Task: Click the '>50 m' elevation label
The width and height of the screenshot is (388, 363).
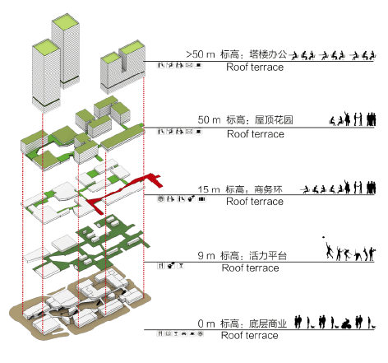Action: click(x=201, y=54)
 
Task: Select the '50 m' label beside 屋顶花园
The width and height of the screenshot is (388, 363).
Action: click(x=210, y=120)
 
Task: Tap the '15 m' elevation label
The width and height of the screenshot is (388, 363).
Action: click(x=209, y=189)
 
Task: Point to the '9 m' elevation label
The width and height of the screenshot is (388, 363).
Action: click(x=206, y=256)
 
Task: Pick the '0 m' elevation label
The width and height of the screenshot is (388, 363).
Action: click(x=206, y=323)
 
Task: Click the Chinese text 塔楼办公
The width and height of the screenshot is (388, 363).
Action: click(x=268, y=54)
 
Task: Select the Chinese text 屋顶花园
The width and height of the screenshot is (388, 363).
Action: click(x=274, y=120)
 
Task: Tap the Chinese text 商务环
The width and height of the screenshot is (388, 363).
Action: click(x=268, y=189)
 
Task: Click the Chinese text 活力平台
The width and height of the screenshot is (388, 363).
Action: click(x=268, y=256)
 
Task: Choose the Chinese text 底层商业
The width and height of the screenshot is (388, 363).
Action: click(x=268, y=323)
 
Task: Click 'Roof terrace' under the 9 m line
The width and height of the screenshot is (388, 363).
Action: click(x=251, y=268)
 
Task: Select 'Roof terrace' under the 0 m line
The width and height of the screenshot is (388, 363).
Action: click(x=250, y=335)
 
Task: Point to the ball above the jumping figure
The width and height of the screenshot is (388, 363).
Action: click(x=324, y=237)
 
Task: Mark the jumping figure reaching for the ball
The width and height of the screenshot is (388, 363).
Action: click(x=330, y=249)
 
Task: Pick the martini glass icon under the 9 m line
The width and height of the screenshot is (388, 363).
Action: click(x=181, y=266)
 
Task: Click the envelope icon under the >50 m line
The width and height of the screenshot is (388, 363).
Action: click(x=189, y=65)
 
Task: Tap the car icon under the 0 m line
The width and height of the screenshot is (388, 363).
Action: click(x=184, y=333)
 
